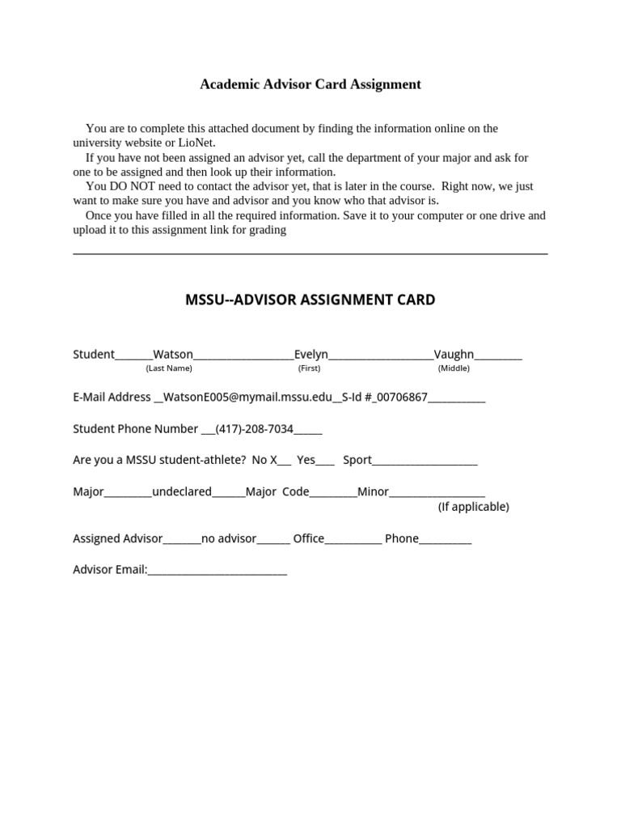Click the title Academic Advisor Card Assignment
pos(310,84)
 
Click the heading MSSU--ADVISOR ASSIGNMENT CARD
pos(310,300)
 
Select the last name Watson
pos(173,354)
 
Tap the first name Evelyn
pos(310,354)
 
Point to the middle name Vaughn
pos(454,354)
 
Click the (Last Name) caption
pos(169,368)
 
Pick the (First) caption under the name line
pos(309,368)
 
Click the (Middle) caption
pos(454,368)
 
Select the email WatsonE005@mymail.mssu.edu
pos(247,397)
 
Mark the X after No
pos(273,460)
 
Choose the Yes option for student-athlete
pos(306,460)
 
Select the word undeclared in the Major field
pos(182,491)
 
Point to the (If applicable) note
pos(473,507)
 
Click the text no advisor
pos(229,538)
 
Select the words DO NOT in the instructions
pos(123,186)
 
